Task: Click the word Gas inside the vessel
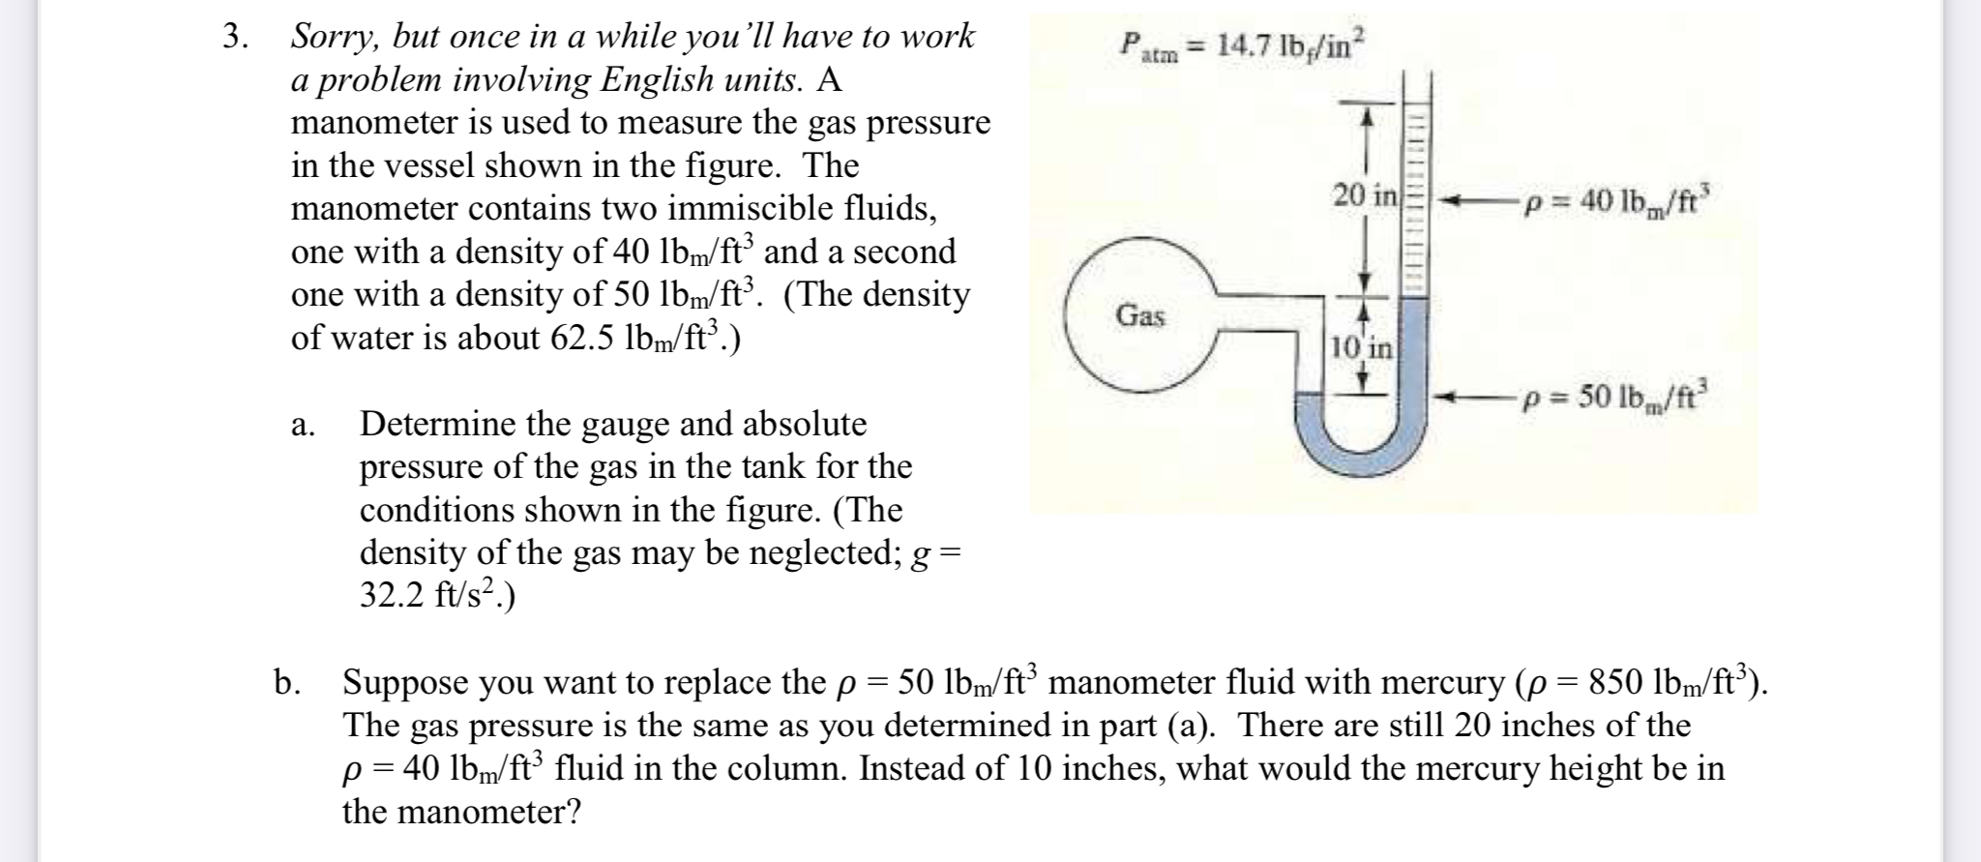(1140, 315)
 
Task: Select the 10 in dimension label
(1360, 346)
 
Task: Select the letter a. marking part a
(303, 425)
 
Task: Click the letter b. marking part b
(285, 683)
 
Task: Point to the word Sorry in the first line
(334, 38)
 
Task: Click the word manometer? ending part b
(461, 811)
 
